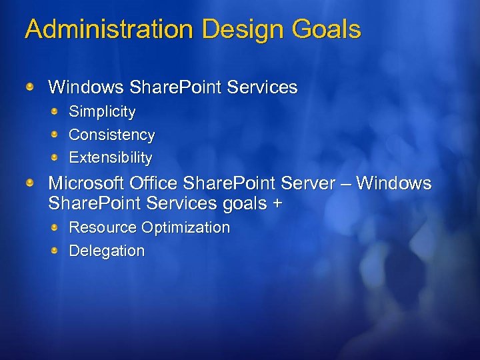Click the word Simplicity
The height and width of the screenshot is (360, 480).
click(102, 111)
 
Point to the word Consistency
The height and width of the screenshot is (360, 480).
click(111, 135)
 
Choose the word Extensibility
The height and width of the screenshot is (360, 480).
click(111, 158)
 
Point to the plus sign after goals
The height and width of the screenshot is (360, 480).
click(276, 203)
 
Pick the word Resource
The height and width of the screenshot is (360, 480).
click(102, 227)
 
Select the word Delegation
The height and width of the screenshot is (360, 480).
click(107, 251)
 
